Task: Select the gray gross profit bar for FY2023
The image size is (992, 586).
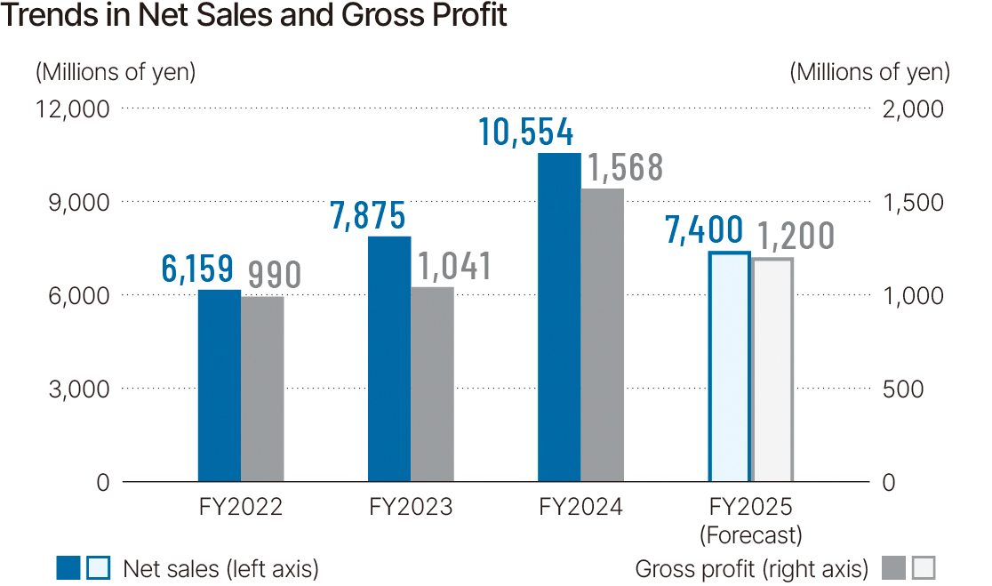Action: click(432, 384)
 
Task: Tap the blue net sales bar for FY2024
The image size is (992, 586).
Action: click(559, 317)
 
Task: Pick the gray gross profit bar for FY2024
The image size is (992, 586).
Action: click(602, 335)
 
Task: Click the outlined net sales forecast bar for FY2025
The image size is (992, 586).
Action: click(729, 366)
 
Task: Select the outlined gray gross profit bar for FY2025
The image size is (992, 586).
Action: click(772, 369)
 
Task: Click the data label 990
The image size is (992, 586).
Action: click(274, 274)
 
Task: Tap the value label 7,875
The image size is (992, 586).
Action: click(368, 216)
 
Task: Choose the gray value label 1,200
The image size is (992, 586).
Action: click(796, 237)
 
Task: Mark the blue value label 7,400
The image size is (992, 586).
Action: click(704, 231)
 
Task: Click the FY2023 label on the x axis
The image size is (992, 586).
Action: click(411, 508)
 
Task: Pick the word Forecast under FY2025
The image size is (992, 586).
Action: click(750, 535)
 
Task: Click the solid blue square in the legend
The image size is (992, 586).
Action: click(68, 568)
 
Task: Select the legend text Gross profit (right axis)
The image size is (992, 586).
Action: click(752, 568)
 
